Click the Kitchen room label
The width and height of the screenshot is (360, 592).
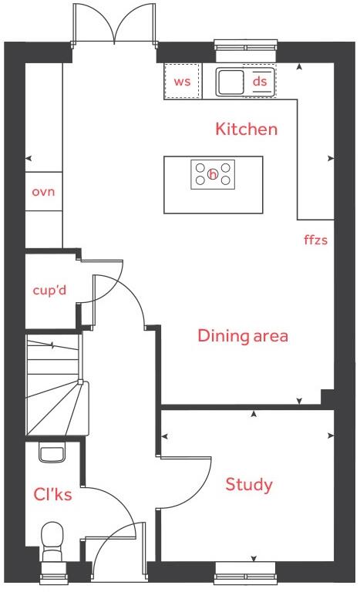pyautogui.click(x=246, y=129)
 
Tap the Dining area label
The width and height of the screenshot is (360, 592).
pyautogui.click(x=243, y=336)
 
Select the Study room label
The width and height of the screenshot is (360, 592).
pyautogui.click(x=248, y=485)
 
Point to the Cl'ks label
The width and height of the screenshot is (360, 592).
pyautogui.click(x=52, y=494)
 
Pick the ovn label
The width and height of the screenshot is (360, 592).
pyautogui.click(x=43, y=191)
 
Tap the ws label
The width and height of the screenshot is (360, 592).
pyautogui.click(x=182, y=82)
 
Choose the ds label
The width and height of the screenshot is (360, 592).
pyautogui.click(x=260, y=81)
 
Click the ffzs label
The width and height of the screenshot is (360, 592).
pyautogui.click(x=316, y=240)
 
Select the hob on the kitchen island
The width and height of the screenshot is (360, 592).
pyautogui.click(x=213, y=174)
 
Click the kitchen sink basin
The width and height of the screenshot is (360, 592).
pyautogui.click(x=230, y=81)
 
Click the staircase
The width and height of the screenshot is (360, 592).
pyautogui.click(x=54, y=385)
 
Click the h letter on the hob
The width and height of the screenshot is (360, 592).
pyautogui.click(x=213, y=175)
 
